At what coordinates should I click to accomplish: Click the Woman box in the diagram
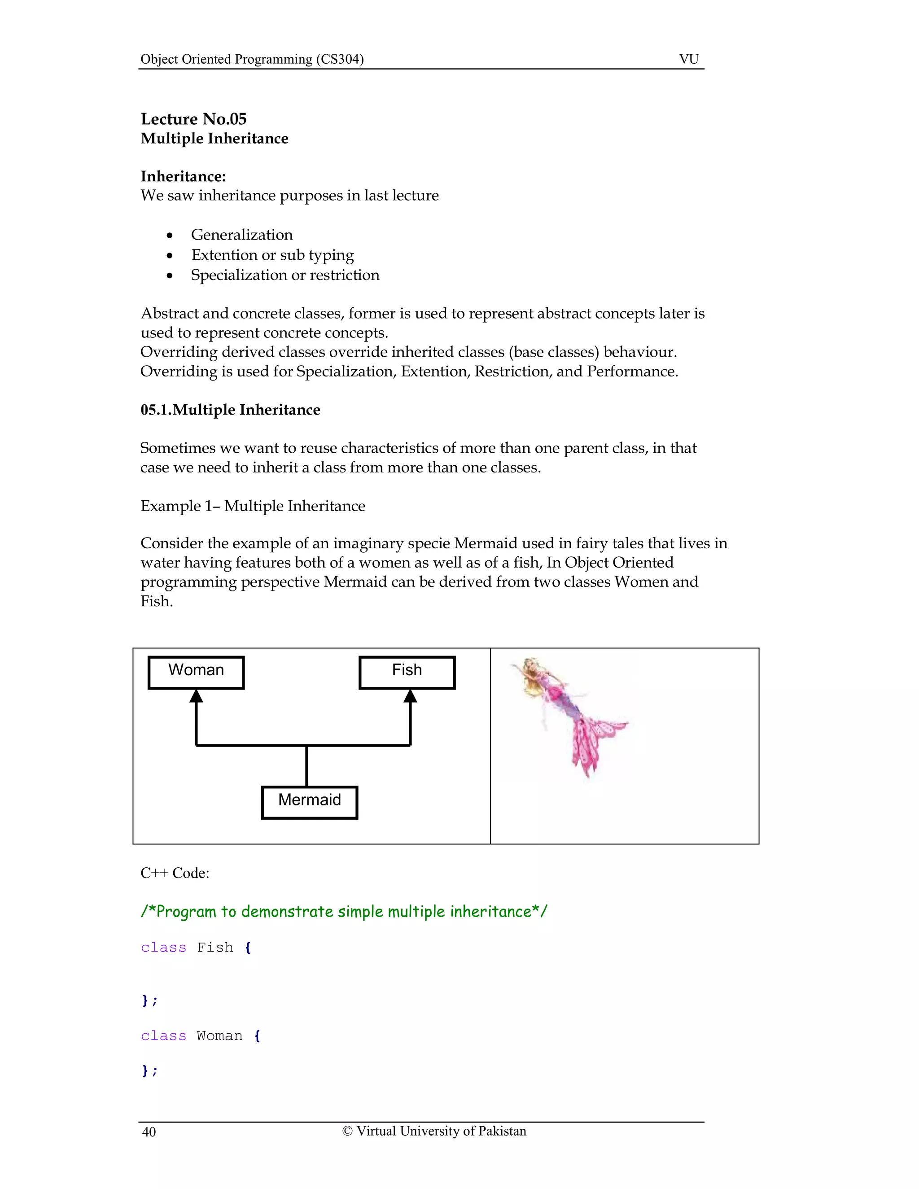point(196,673)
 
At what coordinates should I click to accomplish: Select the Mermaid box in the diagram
point(309,802)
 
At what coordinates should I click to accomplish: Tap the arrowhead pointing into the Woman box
point(196,696)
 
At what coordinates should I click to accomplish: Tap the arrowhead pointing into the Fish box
point(411,696)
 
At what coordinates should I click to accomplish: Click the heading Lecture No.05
point(193,119)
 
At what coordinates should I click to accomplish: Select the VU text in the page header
point(689,59)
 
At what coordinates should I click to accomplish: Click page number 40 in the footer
point(149,1132)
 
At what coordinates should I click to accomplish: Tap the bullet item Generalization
point(242,235)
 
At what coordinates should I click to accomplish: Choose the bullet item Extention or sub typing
point(272,255)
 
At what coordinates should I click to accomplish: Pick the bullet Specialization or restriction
point(285,275)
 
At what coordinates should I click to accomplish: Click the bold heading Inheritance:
point(183,176)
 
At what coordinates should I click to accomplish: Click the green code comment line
point(344,911)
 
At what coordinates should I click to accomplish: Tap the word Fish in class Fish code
point(214,947)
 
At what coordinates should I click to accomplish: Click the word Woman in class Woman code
point(219,1036)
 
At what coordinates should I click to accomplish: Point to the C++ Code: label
point(175,873)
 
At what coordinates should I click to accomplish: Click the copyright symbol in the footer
point(347,1131)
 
